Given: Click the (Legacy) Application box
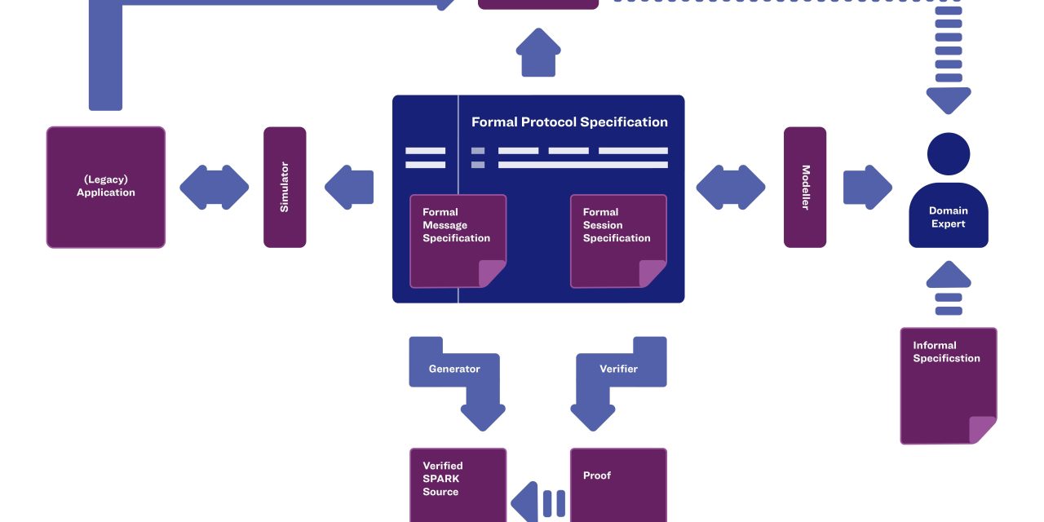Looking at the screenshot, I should coord(106,187).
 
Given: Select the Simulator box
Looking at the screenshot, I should coord(285,187).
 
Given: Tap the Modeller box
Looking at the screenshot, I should coord(805,187).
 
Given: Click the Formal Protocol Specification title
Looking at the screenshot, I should coord(569,122).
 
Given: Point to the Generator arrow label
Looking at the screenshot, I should coord(454,369).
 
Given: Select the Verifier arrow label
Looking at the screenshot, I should coord(619,369).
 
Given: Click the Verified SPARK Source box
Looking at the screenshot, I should coord(458,484).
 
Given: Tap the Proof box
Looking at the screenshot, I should coord(618,484).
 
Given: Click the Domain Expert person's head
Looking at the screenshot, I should coord(949,153).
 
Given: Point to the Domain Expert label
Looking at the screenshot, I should coord(949,217).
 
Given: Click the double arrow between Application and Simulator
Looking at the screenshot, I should coord(215,187).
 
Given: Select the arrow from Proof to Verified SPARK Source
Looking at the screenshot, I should coord(538,502).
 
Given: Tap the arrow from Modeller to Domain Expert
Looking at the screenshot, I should coord(867,187).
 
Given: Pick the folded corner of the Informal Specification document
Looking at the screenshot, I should coord(983,430).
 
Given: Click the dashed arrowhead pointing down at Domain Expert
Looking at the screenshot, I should coord(949,100).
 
